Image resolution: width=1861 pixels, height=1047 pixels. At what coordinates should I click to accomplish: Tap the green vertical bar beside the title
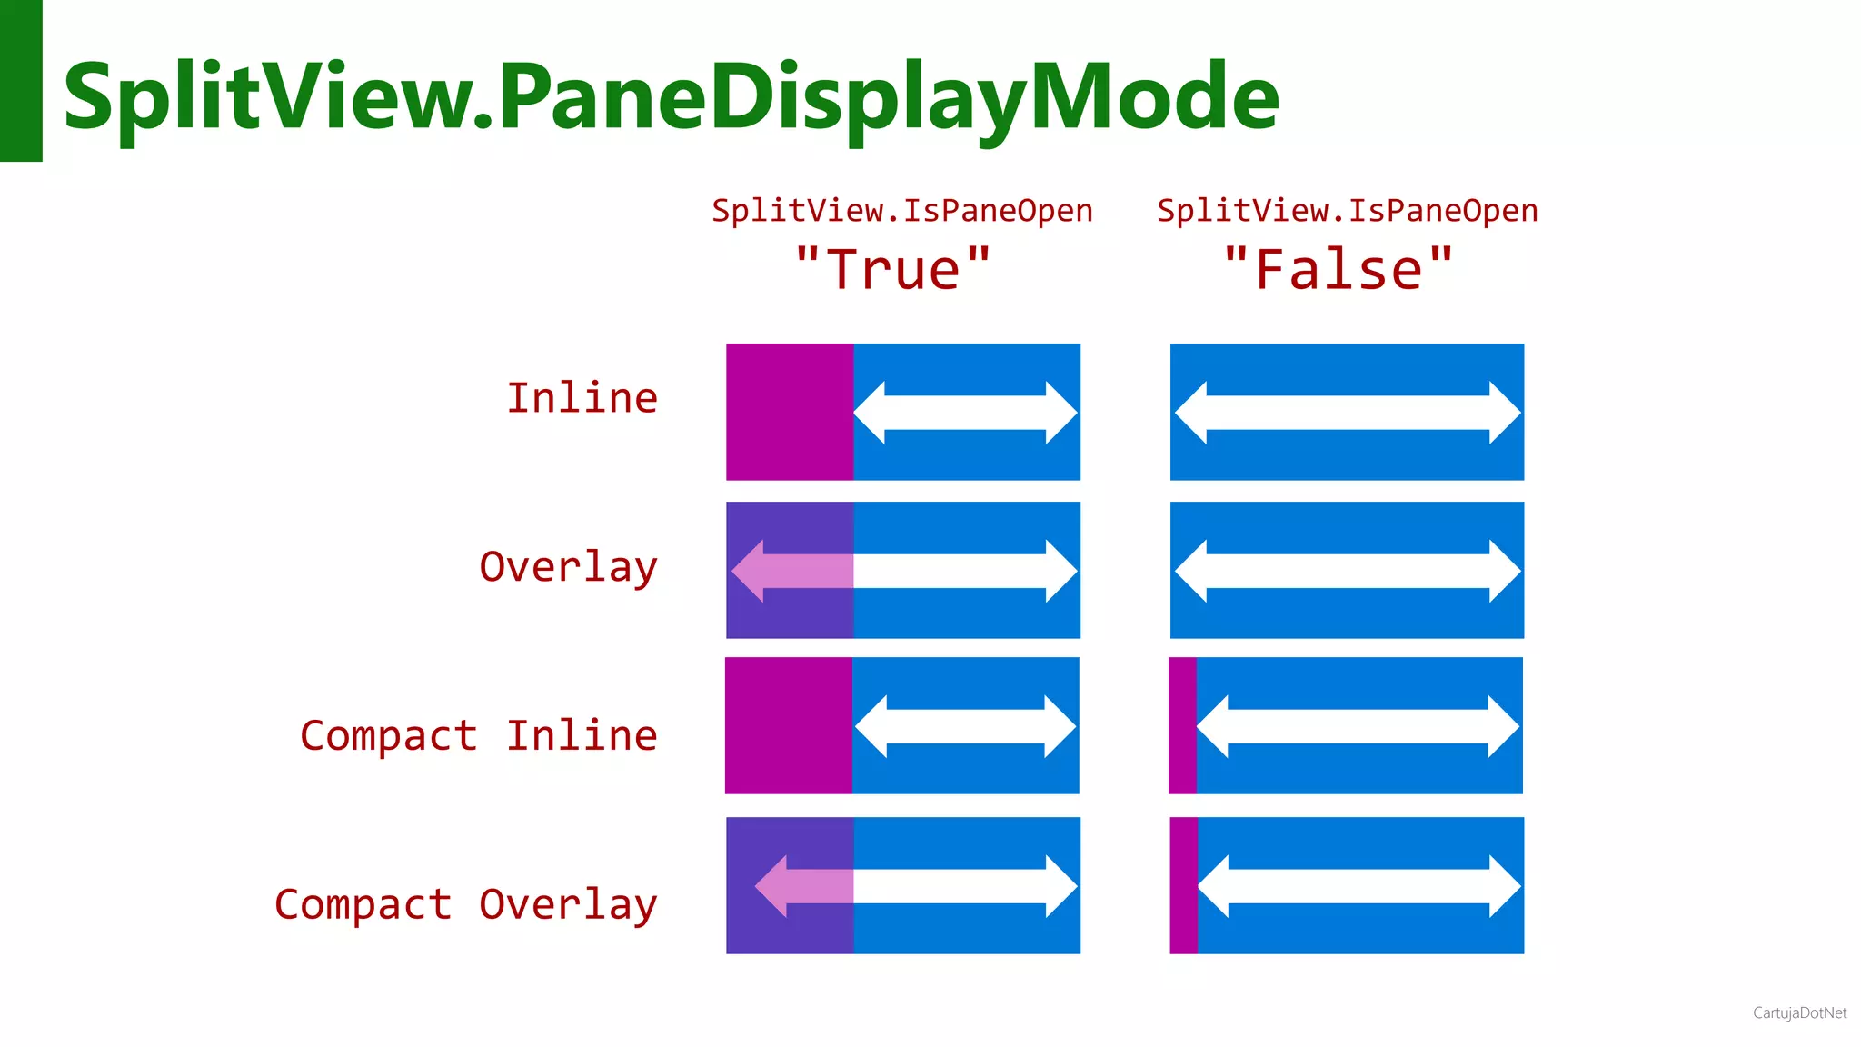(21, 80)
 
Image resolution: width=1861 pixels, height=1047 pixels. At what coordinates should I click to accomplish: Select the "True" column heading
(892, 270)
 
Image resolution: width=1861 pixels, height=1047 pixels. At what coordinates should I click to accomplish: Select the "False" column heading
(1338, 270)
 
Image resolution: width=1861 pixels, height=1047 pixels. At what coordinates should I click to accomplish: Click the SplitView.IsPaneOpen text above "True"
(901, 211)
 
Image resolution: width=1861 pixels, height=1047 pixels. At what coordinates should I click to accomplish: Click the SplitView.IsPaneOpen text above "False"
(1347, 211)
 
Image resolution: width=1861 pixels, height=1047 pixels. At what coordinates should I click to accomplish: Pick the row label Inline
(582, 398)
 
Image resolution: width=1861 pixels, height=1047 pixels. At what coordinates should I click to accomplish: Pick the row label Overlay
(568, 567)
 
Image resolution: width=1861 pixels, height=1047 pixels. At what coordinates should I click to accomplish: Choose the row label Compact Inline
(479, 735)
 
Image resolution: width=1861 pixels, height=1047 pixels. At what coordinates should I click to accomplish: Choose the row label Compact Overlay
(465, 904)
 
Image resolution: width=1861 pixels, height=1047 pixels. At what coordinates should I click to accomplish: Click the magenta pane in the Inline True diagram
(789, 412)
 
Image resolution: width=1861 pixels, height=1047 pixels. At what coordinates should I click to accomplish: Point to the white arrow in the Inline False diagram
(1347, 413)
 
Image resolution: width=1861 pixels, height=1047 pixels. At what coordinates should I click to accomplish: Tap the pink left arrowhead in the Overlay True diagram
(749, 571)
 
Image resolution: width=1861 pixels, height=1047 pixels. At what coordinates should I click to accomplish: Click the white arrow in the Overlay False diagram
(1347, 571)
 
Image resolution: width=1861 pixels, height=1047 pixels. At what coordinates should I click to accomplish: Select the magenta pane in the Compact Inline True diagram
(788, 725)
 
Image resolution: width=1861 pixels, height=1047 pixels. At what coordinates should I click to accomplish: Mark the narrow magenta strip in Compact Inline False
(1182, 725)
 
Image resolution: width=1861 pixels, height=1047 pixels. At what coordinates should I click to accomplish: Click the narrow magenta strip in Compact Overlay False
(1183, 885)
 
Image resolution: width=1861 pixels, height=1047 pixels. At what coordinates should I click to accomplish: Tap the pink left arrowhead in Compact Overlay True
(772, 886)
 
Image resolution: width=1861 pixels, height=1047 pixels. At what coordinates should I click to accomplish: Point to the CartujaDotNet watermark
(1799, 1012)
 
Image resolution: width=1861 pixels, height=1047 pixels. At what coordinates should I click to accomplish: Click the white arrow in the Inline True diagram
(965, 413)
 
